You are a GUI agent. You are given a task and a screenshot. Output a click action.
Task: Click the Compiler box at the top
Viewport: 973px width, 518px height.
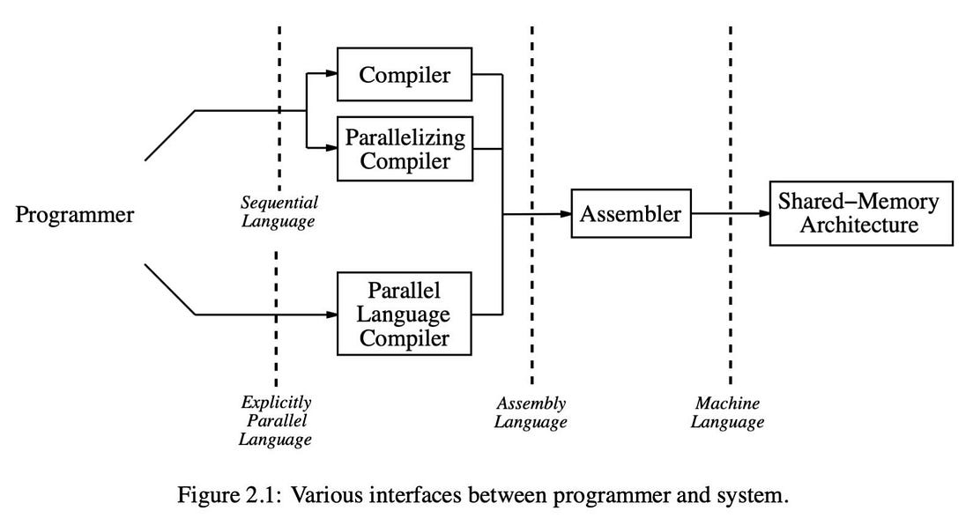(x=405, y=75)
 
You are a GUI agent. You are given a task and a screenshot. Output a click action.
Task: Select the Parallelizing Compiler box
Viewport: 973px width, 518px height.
(x=405, y=150)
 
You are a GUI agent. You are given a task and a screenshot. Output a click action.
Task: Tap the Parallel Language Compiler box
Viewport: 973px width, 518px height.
(x=405, y=314)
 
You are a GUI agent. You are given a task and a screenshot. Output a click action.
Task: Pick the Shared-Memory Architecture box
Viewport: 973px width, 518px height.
(x=860, y=213)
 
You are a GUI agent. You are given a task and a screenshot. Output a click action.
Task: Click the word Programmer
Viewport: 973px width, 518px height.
(x=75, y=214)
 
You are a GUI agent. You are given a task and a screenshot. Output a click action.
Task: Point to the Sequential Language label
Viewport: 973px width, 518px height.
(x=279, y=211)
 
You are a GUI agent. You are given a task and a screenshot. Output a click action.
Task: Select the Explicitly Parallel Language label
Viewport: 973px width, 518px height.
(x=276, y=420)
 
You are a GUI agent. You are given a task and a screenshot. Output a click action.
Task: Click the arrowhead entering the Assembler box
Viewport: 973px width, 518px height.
(x=566, y=213)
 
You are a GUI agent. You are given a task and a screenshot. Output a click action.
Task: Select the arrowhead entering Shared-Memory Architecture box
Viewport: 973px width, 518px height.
(x=763, y=213)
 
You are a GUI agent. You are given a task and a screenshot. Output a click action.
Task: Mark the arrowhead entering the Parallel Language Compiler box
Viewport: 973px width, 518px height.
(x=332, y=314)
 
